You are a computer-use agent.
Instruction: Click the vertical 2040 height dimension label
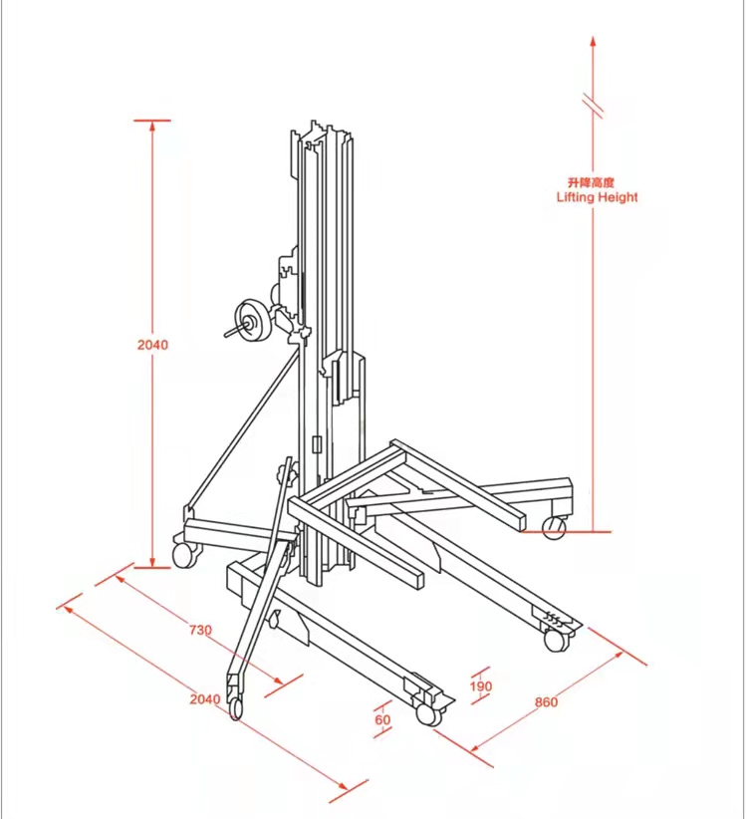coord(153,345)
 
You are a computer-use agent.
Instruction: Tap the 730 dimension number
coord(200,630)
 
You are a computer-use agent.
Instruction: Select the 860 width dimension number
coord(546,702)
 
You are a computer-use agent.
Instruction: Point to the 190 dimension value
coord(481,685)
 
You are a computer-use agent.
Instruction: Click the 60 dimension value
coord(382,719)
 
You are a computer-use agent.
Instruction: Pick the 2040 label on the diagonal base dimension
coord(205,698)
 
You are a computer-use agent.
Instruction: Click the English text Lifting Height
coord(598,197)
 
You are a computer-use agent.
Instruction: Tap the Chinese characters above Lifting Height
coord(591,182)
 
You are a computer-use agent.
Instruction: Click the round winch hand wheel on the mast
coord(252,321)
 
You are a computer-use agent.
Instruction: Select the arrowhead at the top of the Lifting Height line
coord(593,41)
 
